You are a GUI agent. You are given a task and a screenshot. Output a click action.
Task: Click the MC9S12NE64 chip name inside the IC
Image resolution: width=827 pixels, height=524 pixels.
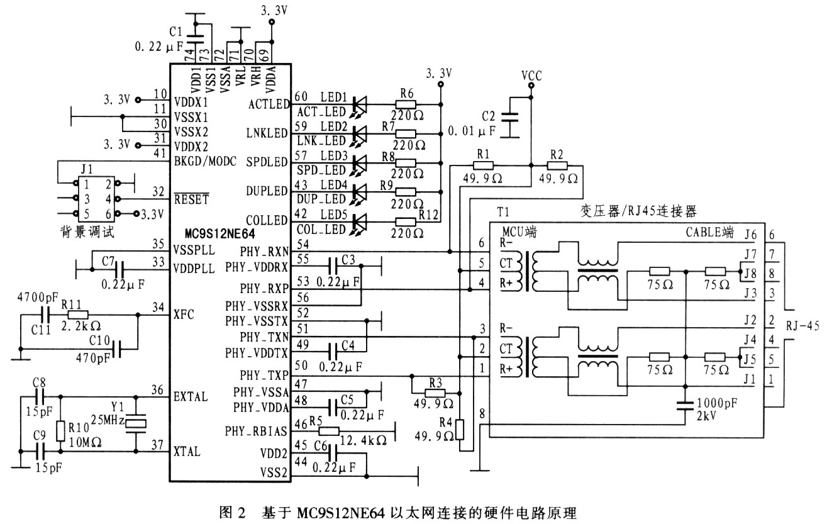click(x=219, y=234)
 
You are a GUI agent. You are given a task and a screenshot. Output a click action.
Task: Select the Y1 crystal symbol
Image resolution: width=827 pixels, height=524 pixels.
click(x=136, y=424)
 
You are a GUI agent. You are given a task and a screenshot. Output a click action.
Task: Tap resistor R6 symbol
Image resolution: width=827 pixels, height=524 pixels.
click(x=406, y=104)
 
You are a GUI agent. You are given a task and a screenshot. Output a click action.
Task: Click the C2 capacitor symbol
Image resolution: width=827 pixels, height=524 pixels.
click(x=509, y=117)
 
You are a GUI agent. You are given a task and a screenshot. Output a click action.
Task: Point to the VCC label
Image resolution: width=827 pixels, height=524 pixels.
click(x=531, y=75)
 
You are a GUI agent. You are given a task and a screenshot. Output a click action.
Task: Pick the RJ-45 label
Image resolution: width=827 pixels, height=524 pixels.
click(x=802, y=326)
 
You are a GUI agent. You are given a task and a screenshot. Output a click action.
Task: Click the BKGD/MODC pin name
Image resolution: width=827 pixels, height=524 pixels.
click(x=205, y=162)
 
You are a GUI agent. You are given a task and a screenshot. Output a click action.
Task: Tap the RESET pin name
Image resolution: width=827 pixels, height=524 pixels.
click(x=191, y=199)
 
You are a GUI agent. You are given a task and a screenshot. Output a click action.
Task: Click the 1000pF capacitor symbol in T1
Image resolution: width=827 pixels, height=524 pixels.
click(x=685, y=406)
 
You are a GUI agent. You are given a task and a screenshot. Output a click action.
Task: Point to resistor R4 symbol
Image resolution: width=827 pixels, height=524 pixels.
click(x=460, y=430)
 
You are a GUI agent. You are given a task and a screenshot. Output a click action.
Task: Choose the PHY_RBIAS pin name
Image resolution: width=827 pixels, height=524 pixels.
click(x=256, y=431)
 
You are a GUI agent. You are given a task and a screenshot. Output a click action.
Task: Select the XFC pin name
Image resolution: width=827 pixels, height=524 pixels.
click(x=184, y=315)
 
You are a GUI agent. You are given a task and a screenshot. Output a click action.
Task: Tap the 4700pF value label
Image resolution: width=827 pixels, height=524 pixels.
click(x=37, y=298)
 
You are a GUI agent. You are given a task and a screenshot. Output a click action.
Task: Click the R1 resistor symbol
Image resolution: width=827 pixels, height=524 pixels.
click(x=483, y=165)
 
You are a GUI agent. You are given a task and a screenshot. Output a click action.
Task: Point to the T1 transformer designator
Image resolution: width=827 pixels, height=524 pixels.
click(x=503, y=212)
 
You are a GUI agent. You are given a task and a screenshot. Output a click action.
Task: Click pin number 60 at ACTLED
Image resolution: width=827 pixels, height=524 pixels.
click(x=301, y=96)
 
